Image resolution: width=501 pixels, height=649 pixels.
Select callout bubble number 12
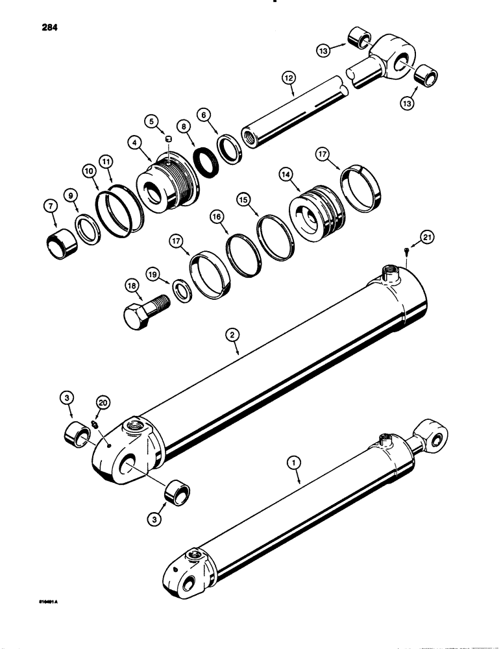point(288,78)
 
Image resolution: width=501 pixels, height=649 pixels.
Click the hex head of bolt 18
point(138,315)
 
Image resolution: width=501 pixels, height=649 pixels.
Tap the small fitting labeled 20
point(93,424)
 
